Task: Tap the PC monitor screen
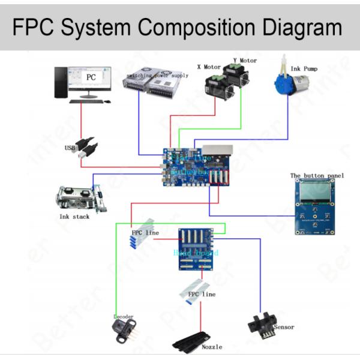pyautogui.click(x=91, y=79)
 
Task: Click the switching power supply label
pyautogui.click(x=155, y=76)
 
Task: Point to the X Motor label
pyautogui.click(x=209, y=67)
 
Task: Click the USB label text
pyautogui.click(x=70, y=147)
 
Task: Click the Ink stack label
pyautogui.click(x=74, y=217)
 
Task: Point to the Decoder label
pyautogui.click(x=124, y=316)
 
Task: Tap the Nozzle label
pyautogui.click(x=212, y=347)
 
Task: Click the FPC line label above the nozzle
pyautogui.click(x=202, y=294)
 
